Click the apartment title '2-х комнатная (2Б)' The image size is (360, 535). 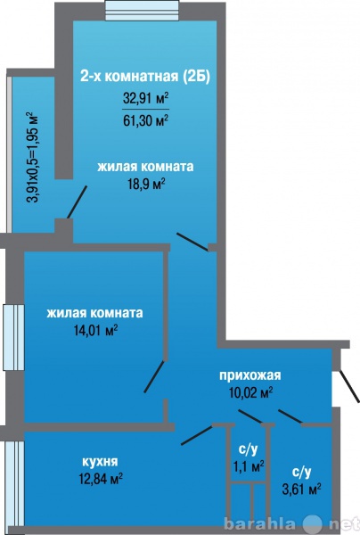coord(145,76)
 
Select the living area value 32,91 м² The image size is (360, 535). coord(146,99)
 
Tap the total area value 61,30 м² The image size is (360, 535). coord(146,120)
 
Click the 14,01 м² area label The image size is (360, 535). coord(96,330)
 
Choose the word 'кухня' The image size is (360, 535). coord(100,462)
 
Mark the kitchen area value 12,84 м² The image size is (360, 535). coord(101,478)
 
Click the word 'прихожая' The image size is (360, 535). coord(250,375)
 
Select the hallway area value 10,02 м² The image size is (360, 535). coord(251,392)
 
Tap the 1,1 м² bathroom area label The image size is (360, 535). coord(249,465)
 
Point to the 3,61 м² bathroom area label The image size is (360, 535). coord(302,490)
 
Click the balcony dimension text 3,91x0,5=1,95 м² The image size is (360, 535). coord(33,157)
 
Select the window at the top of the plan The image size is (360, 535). coord(142,11)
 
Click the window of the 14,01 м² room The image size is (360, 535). coord(13,337)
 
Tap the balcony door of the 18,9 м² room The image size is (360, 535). coord(77,202)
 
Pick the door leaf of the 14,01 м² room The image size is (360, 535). coord(155,376)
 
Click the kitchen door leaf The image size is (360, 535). coord(197,435)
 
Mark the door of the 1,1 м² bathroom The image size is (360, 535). coord(250,416)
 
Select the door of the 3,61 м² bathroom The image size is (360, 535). coord(290,416)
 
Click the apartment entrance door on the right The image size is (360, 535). coord(349,386)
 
